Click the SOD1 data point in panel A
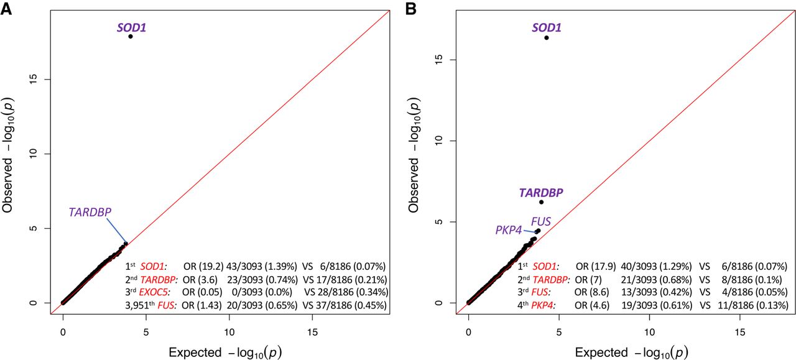[x=131, y=37]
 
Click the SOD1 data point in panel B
[x=546, y=38]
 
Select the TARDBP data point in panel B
[x=541, y=202]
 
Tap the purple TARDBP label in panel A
[x=91, y=212]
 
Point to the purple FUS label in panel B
[x=540, y=221]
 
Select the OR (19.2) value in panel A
[x=200, y=265]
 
